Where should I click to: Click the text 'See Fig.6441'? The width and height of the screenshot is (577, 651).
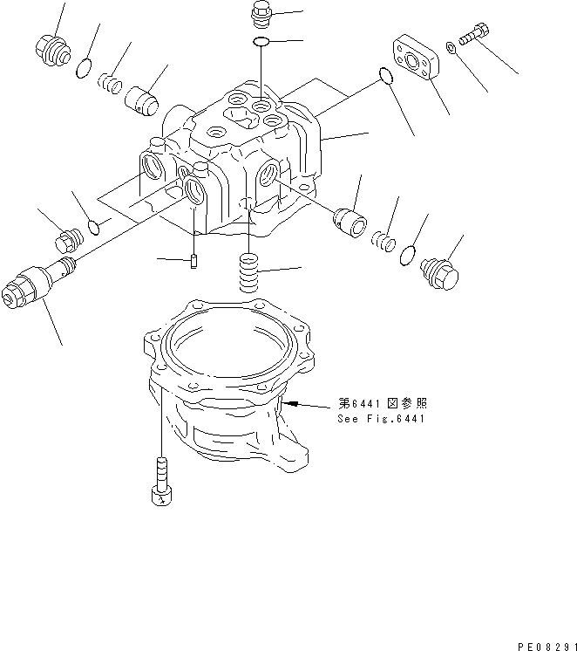pyautogui.click(x=380, y=419)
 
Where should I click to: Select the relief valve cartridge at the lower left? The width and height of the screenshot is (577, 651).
pyautogui.click(x=35, y=284)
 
